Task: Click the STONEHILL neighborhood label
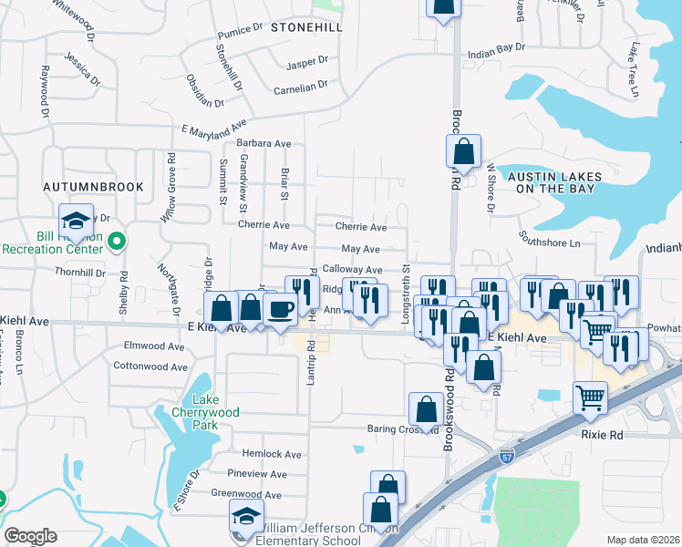click(306, 27)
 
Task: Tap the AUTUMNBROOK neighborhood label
click(94, 186)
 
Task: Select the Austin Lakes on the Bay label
click(551, 181)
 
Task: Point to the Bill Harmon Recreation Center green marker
click(116, 242)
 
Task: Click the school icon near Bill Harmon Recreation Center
click(77, 220)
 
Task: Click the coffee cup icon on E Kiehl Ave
click(280, 308)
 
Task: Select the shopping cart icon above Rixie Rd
click(590, 397)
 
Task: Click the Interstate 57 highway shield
click(508, 454)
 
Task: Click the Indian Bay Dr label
click(496, 49)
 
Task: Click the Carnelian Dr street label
click(300, 88)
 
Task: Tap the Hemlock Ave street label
click(271, 453)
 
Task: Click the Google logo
click(30, 536)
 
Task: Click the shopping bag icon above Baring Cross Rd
click(426, 409)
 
